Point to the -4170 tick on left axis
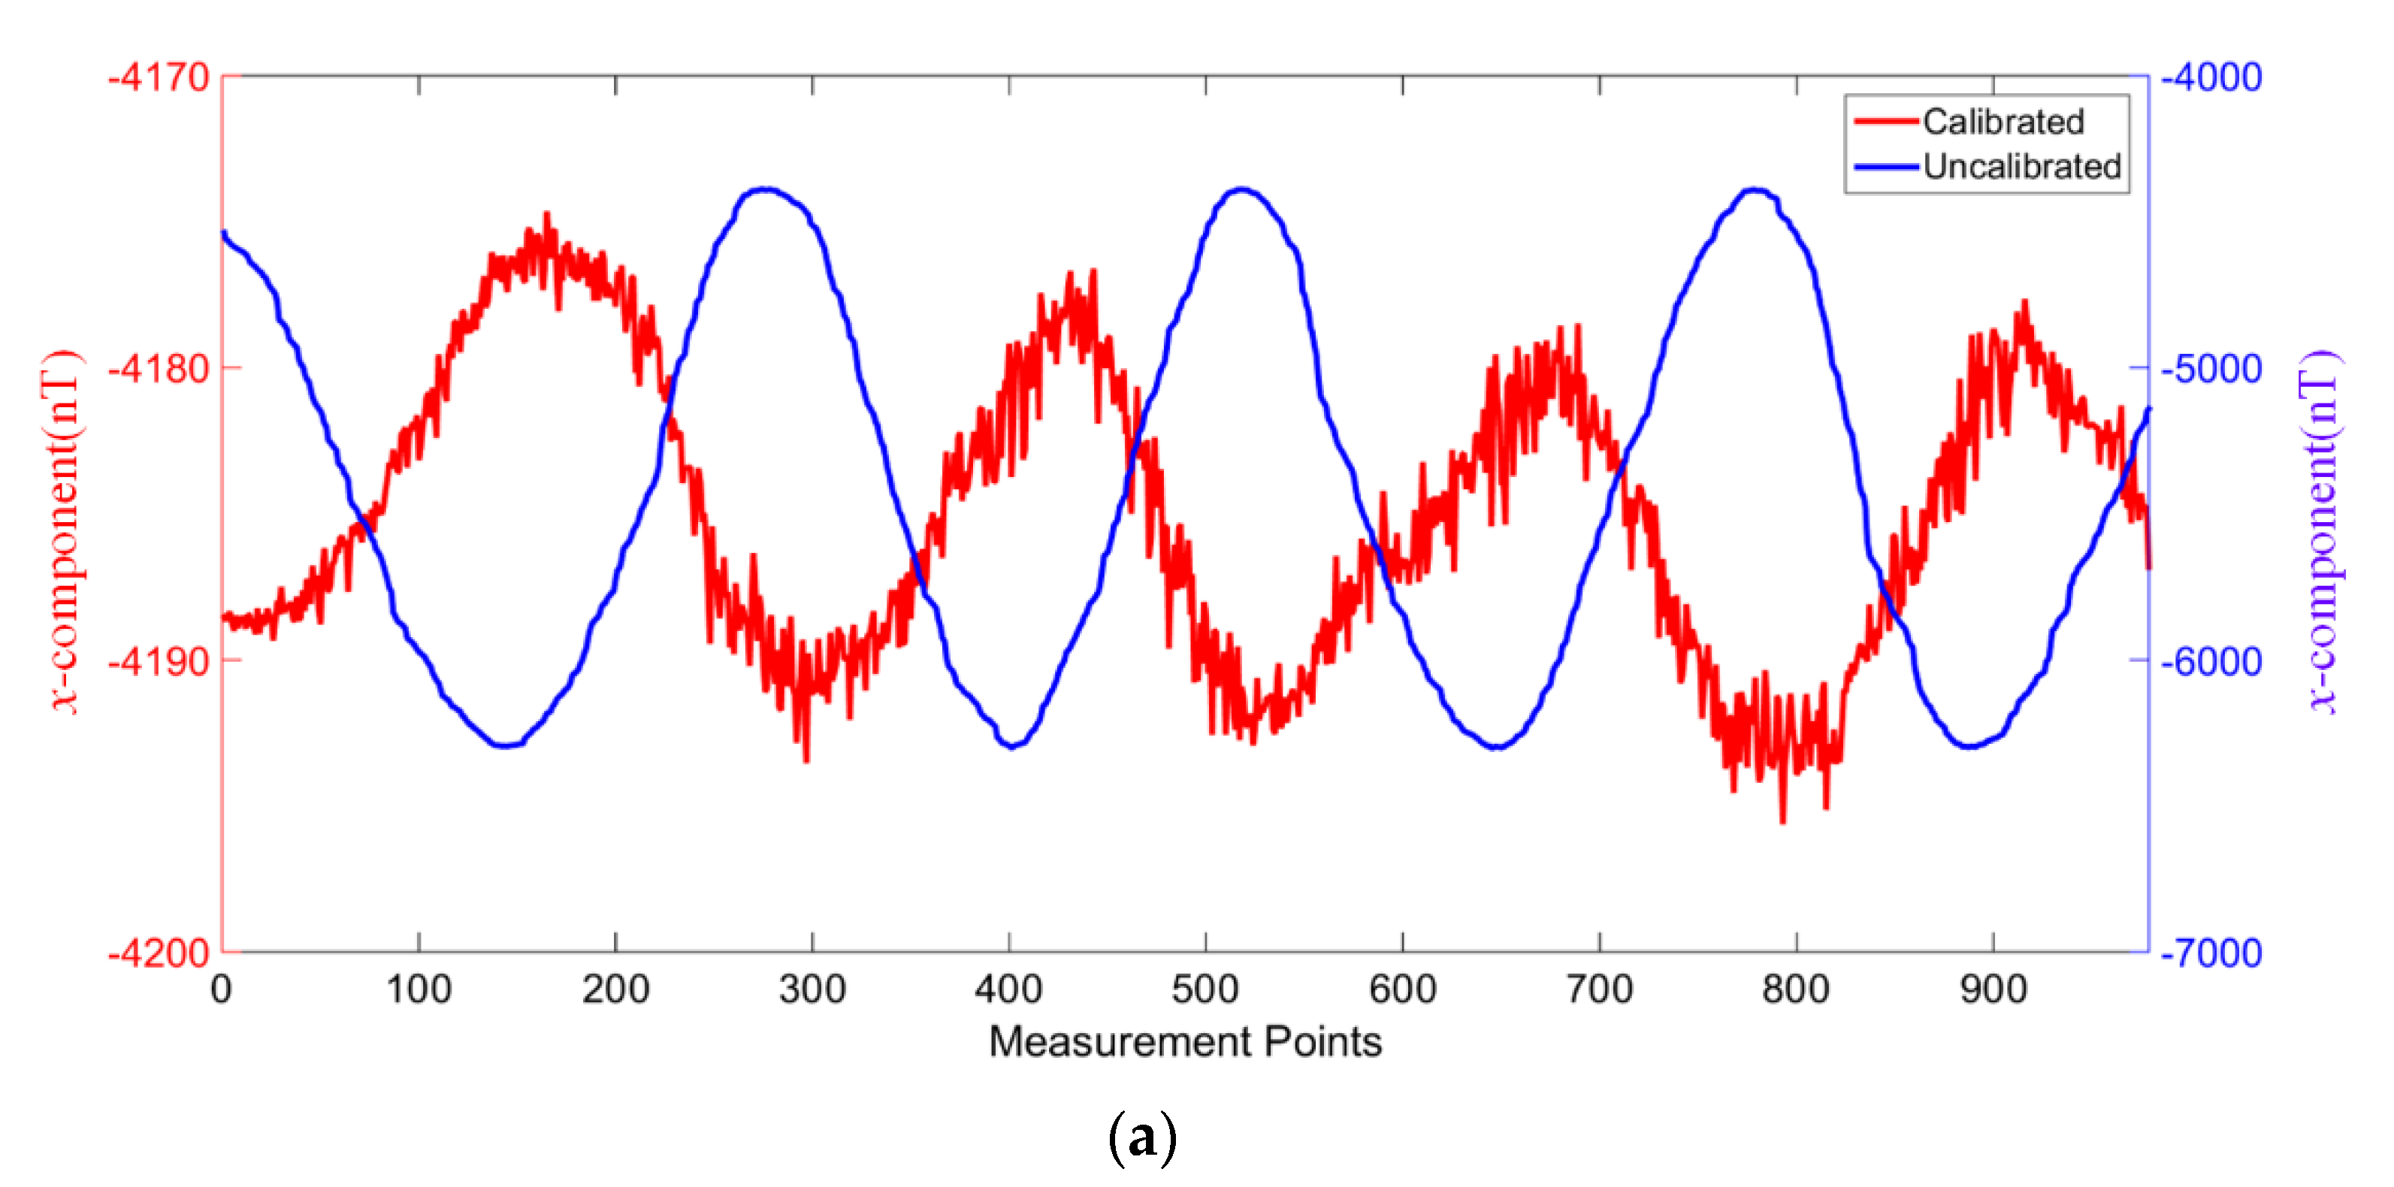point(158,77)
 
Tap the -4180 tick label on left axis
point(158,369)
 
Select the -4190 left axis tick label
point(158,661)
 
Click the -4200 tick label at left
point(158,953)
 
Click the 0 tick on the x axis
point(221,989)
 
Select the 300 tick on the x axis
point(812,989)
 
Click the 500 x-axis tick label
point(1205,989)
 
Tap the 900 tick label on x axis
point(1993,989)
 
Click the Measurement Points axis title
point(1185,1041)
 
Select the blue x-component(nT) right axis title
point(2320,532)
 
